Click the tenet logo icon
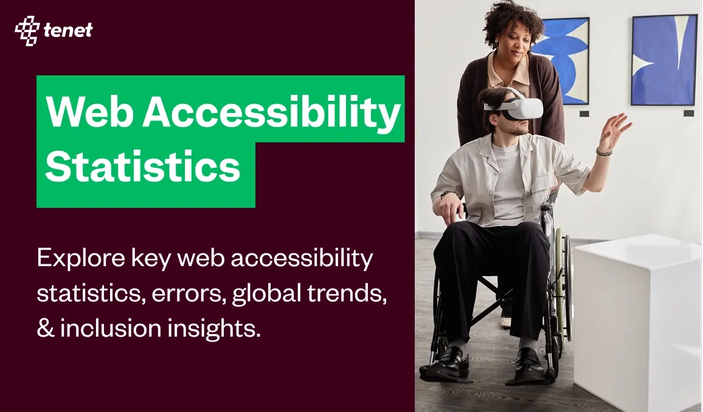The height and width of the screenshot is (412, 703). point(27,30)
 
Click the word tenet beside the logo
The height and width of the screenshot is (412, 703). point(68,30)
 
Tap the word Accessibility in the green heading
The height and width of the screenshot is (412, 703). point(271,112)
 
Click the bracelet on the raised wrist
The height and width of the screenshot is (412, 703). point(604,151)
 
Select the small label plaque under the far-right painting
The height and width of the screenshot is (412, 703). point(688,113)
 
